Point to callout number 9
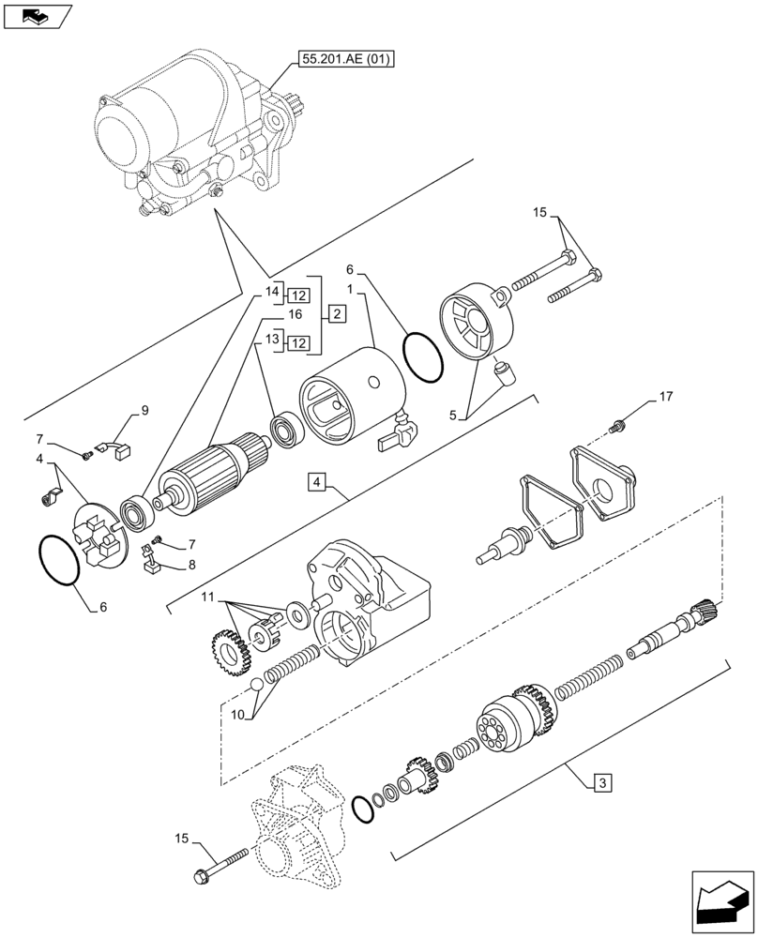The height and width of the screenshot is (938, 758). coord(144,410)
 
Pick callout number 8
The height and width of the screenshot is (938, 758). coord(192,565)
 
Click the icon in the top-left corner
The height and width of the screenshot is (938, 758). coord(36,16)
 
